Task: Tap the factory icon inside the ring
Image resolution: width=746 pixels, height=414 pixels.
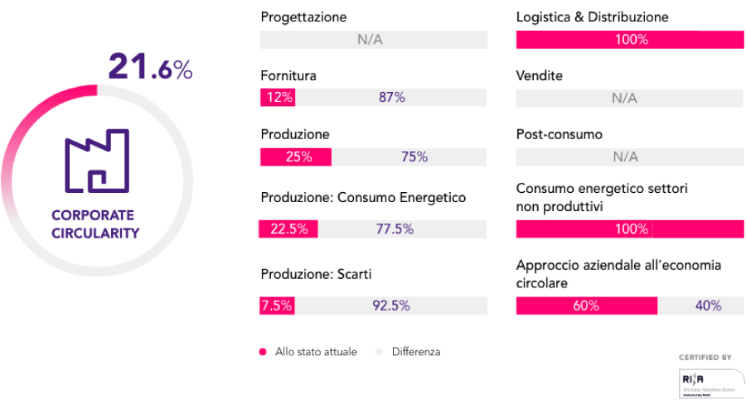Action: pyautogui.click(x=96, y=162)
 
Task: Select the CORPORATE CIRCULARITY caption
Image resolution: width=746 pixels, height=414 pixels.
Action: pyautogui.click(x=95, y=224)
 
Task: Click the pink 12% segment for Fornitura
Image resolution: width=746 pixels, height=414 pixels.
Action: pyautogui.click(x=278, y=98)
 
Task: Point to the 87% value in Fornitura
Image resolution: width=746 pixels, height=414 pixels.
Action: pyautogui.click(x=391, y=98)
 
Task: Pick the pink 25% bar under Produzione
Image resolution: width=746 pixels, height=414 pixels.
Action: pyautogui.click(x=296, y=156)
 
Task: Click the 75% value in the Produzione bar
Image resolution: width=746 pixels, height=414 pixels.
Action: pyautogui.click(x=414, y=156)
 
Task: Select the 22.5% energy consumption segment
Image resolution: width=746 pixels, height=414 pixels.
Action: pyautogui.click(x=289, y=229)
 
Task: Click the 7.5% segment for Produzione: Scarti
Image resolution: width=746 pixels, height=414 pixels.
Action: pyautogui.click(x=277, y=305)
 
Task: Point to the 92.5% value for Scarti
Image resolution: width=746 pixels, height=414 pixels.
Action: pyautogui.click(x=391, y=305)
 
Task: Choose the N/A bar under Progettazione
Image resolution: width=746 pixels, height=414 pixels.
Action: pyautogui.click(x=374, y=40)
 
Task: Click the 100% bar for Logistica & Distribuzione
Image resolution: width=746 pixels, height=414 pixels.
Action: pyautogui.click(x=630, y=40)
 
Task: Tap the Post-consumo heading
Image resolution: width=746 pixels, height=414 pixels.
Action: pyautogui.click(x=559, y=134)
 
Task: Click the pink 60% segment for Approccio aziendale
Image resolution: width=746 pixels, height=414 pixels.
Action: pyautogui.click(x=586, y=306)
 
